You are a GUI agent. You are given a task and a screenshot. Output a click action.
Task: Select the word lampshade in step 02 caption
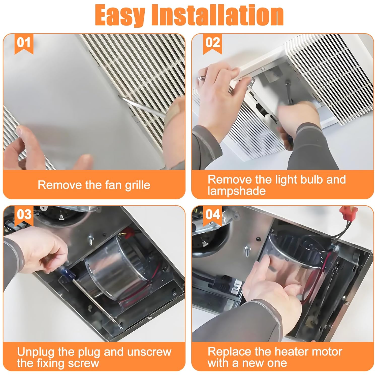[x=237, y=191]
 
